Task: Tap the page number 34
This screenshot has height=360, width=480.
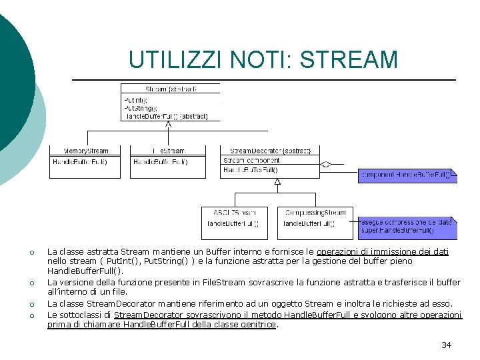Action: tap(446, 345)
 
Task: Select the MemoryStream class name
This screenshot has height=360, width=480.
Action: tap(85, 151)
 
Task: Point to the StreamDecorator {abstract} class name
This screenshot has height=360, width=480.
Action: tap(270, 151)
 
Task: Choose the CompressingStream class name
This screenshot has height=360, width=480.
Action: tap(315, 213)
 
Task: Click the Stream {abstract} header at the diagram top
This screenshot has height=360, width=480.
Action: tap(169, 89)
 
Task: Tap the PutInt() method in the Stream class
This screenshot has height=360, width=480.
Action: tap(136, 101)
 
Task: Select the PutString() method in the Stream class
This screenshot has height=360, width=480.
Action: tap(141, 108)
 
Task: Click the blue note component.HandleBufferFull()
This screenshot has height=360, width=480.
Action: tap(407, 176)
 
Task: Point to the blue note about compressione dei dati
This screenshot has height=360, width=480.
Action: tap(407, 227)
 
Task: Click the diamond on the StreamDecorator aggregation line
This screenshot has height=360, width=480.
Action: tap(325, 163)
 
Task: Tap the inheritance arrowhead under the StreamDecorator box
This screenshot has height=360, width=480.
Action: tap(277, 181)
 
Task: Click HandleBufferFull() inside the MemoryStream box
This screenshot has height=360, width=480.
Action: tap(80, 162)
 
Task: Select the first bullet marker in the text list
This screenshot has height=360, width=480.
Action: tap(31, 253)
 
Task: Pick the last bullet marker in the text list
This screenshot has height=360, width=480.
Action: tap(31, 315)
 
